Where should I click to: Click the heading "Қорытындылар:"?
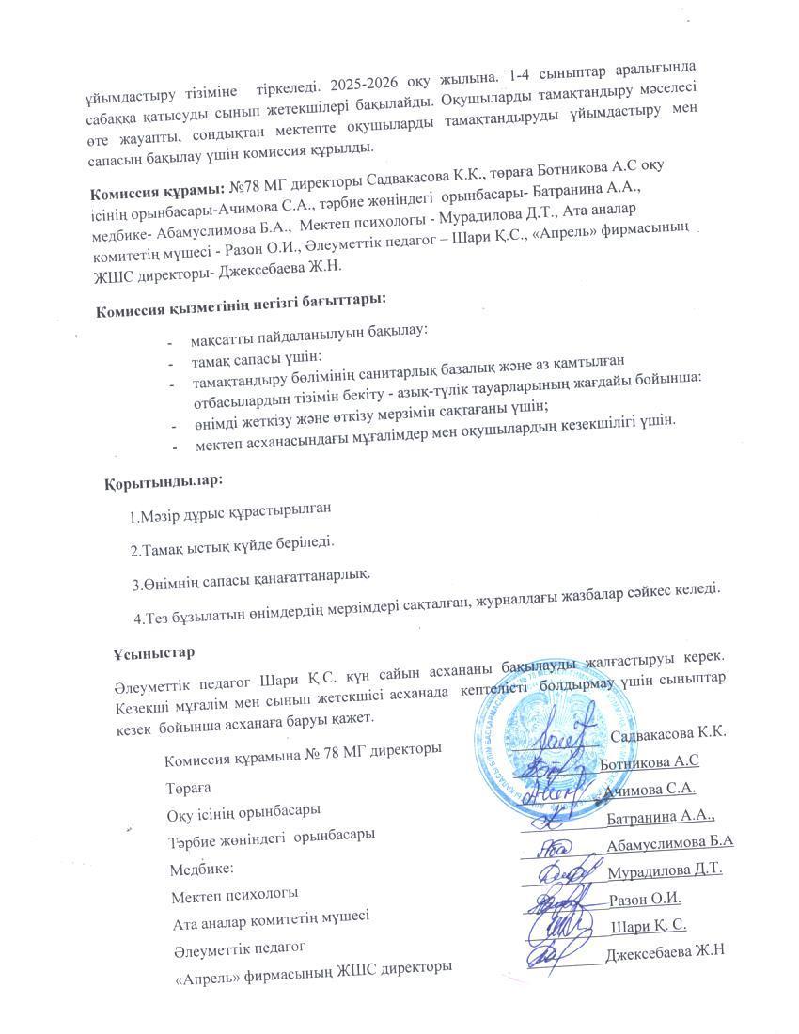tap(164, 480)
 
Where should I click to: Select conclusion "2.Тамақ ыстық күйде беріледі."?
tap(232, 543)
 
